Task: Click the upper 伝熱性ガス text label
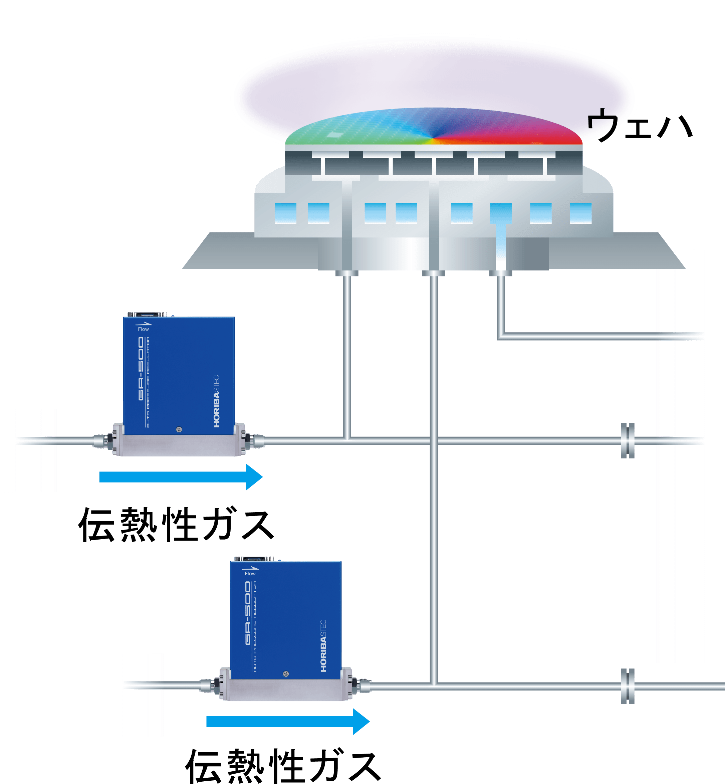[176, 525]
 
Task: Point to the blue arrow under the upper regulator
[181, 477]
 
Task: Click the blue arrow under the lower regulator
[288, 721]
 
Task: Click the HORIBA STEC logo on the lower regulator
[323, 645]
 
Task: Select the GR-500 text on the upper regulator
[141, 369]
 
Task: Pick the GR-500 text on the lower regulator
[248, 613]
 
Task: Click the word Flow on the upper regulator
[144, 329]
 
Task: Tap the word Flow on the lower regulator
[250, 573]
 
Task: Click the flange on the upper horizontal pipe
[628, 440]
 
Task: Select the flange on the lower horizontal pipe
[628, 686]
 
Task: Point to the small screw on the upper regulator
[179, 429]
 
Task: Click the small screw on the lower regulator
[286, 674]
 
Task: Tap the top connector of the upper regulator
[147, 314]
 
